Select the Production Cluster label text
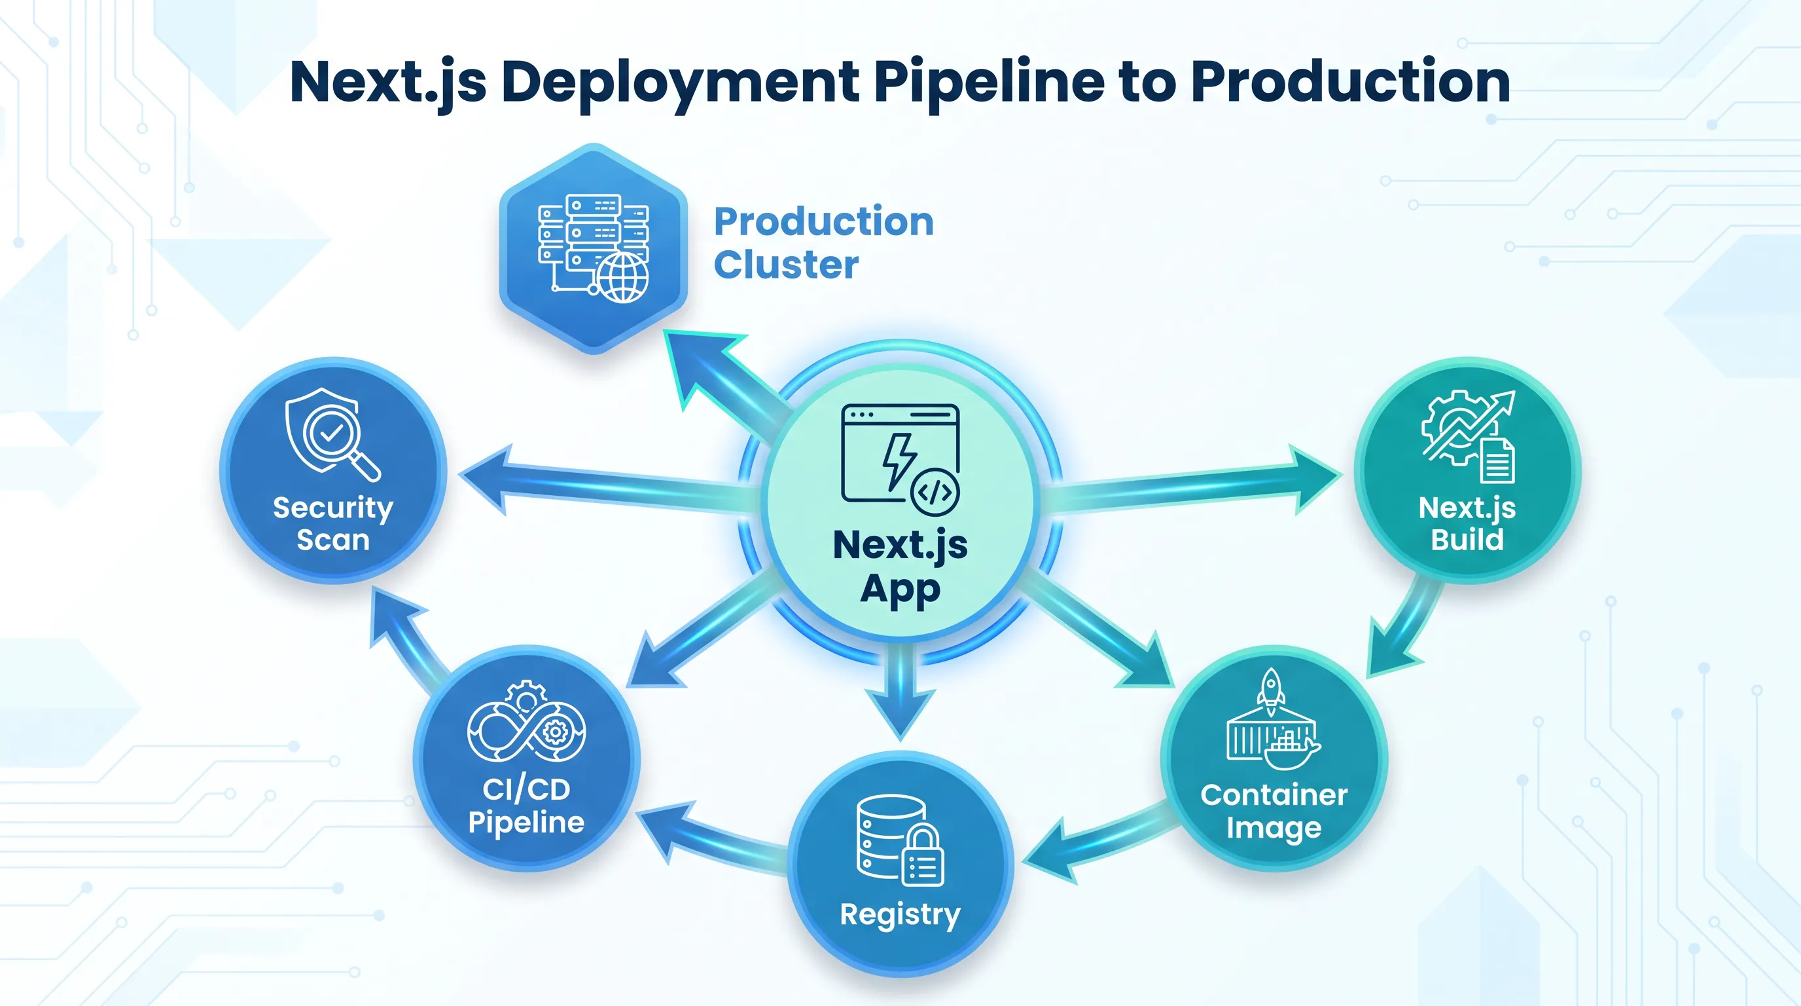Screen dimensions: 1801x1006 823,243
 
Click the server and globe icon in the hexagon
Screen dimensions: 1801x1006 594,248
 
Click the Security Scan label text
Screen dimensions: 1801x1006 333,523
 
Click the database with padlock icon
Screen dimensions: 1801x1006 900,840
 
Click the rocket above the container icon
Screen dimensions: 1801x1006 1271,692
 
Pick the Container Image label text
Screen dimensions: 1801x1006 1274,811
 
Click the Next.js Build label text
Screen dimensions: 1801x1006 1467,524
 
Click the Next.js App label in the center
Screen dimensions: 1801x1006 900,567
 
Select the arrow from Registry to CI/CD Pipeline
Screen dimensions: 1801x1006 713,836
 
